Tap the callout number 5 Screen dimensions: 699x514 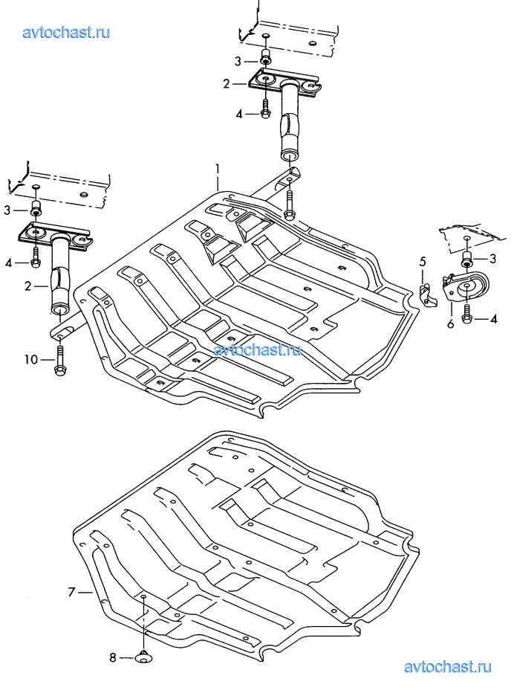422,261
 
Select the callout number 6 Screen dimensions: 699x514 450,324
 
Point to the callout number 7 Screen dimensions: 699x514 71,592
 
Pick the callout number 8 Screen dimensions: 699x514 113,657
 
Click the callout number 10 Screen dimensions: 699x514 30,360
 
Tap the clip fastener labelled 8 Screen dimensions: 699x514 143,657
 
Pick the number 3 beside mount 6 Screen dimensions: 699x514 492,259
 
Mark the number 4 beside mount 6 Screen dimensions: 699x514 492,319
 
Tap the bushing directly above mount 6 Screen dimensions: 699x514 467,259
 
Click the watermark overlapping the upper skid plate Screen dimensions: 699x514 257,349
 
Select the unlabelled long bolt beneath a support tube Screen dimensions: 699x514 290,203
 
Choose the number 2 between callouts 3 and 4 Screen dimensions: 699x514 226,85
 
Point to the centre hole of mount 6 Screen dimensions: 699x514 469,287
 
